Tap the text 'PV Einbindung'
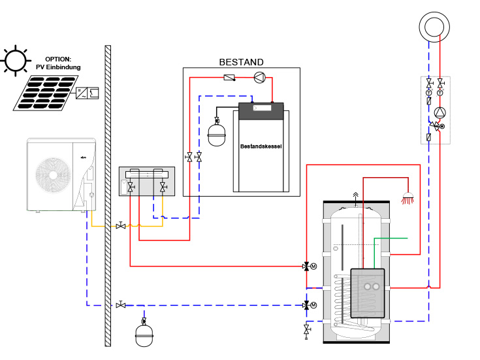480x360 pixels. [58, 67]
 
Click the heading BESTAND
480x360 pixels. [241, 62]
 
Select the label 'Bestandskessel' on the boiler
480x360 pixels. [261, 147]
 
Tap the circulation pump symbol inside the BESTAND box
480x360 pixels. [259, 77]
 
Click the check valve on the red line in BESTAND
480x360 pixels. [229, 78]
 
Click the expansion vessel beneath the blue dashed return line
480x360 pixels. [144, 335]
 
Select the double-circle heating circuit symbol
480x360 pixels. [432, 26]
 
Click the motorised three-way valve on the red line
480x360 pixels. [306, 266]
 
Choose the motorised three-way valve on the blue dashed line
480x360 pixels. [306, 305]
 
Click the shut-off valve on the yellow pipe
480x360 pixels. [121, 225]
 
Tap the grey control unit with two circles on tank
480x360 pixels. [367, 293]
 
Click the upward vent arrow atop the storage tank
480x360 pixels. [355, 195]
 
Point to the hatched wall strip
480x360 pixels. [108, 196]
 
